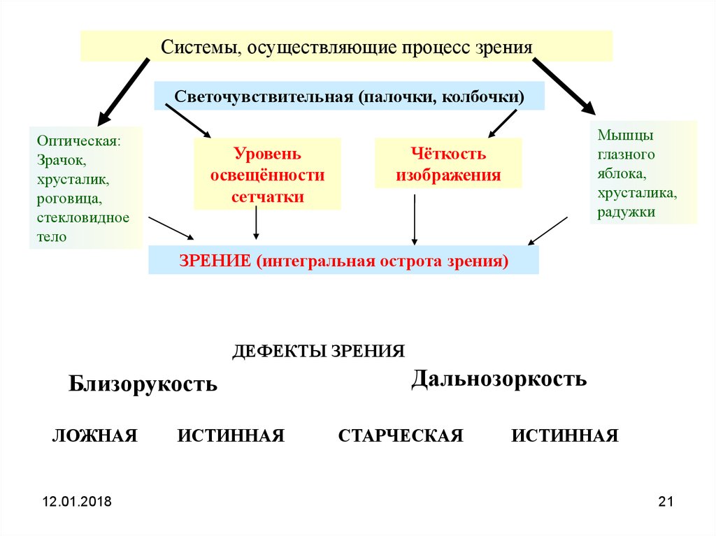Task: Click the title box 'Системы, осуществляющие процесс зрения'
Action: [x=347, y=46]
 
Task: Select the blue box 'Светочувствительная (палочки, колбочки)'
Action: [x=349, y=96]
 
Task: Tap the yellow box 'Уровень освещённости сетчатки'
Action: [x=267, y=175]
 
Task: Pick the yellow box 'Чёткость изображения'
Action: [x=448, y=164]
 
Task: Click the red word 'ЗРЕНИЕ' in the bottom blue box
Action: [x=215, y=261]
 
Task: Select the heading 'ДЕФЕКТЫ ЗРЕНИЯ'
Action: [x=318, y=351]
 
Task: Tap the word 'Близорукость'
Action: [x=143, y=384]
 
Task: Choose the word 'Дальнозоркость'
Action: [x=499, y=379]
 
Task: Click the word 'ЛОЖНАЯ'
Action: [x=94, y=436]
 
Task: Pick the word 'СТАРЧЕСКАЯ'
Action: [x=401, y=436]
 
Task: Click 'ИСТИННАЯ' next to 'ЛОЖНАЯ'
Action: [x=231, y=436]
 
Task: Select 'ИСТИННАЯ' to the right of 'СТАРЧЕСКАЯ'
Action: [x=565, y=436]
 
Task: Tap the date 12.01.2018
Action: [x=77, y=502]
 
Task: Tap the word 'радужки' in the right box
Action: [x=626, y=212]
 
